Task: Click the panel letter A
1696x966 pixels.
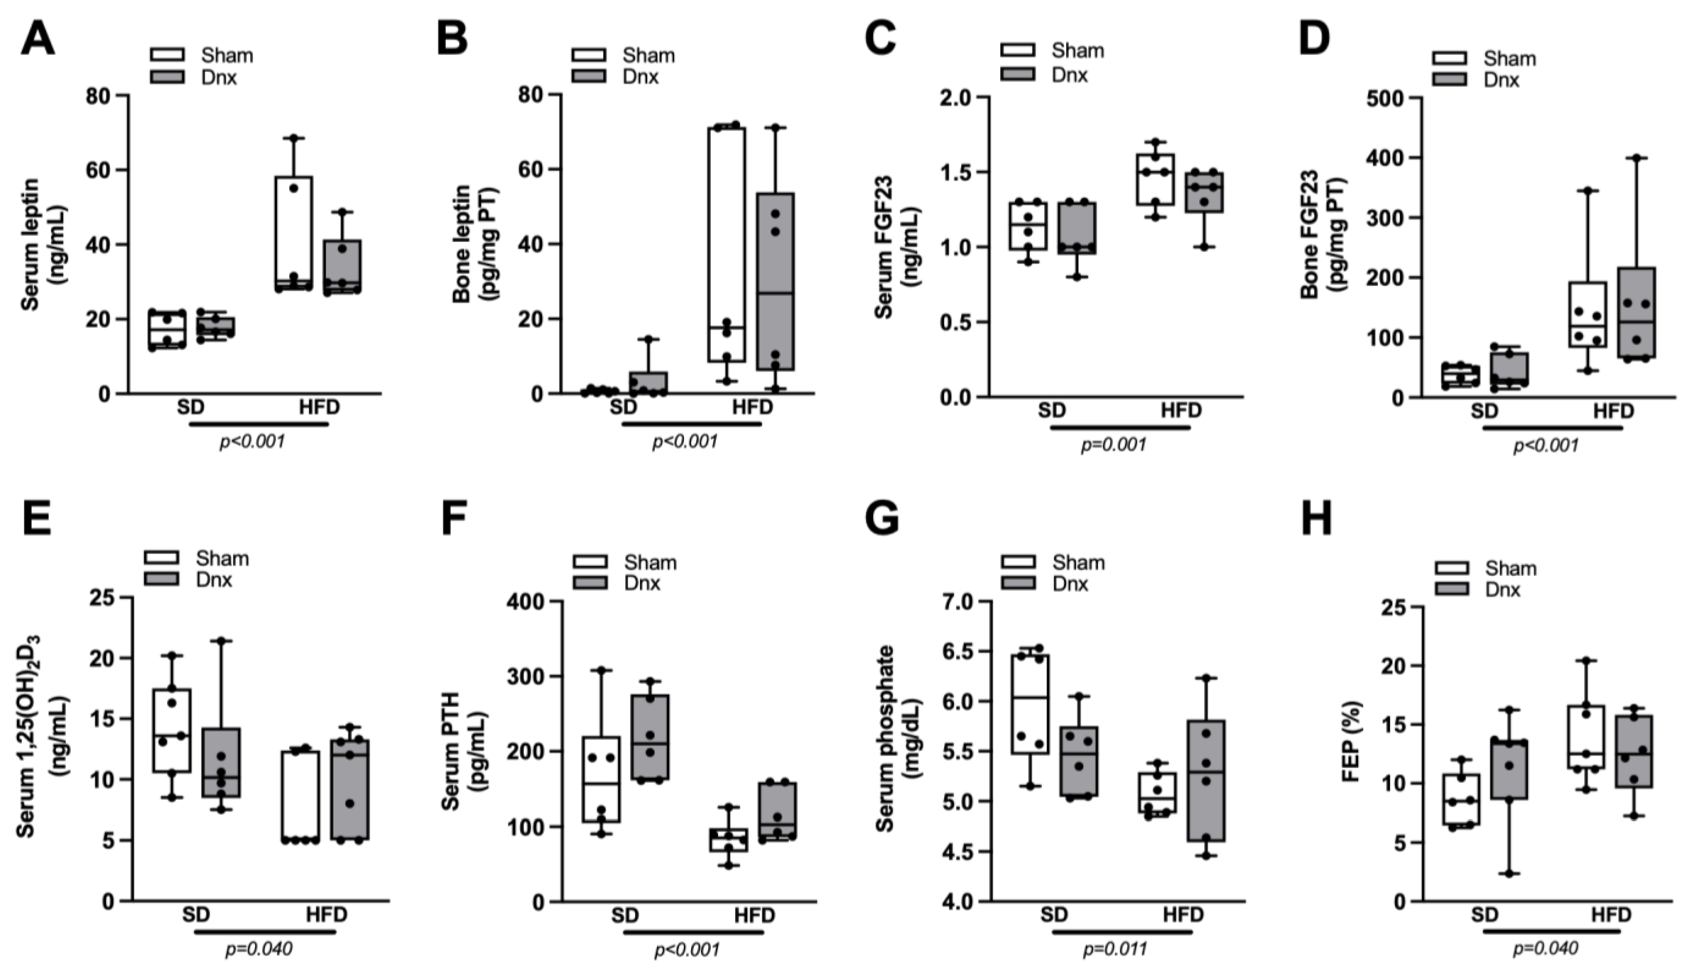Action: pyautogui.click(x=38, y=38)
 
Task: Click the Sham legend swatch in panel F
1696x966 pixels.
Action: pyautogui.click(x=589, y=562)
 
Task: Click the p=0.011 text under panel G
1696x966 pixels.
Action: pyautogui.click(x=1115, y=949)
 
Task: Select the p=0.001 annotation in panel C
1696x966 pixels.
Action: pyautogui.click(x=1113, y=445)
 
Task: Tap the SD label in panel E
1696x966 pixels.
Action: pyautogui.click(x=196, y=915)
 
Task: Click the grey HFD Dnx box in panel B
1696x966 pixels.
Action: pyautogui.click(x=776, y=282)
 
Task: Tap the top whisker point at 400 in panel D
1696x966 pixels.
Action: pyautogui.click(x=1636, y=158)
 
